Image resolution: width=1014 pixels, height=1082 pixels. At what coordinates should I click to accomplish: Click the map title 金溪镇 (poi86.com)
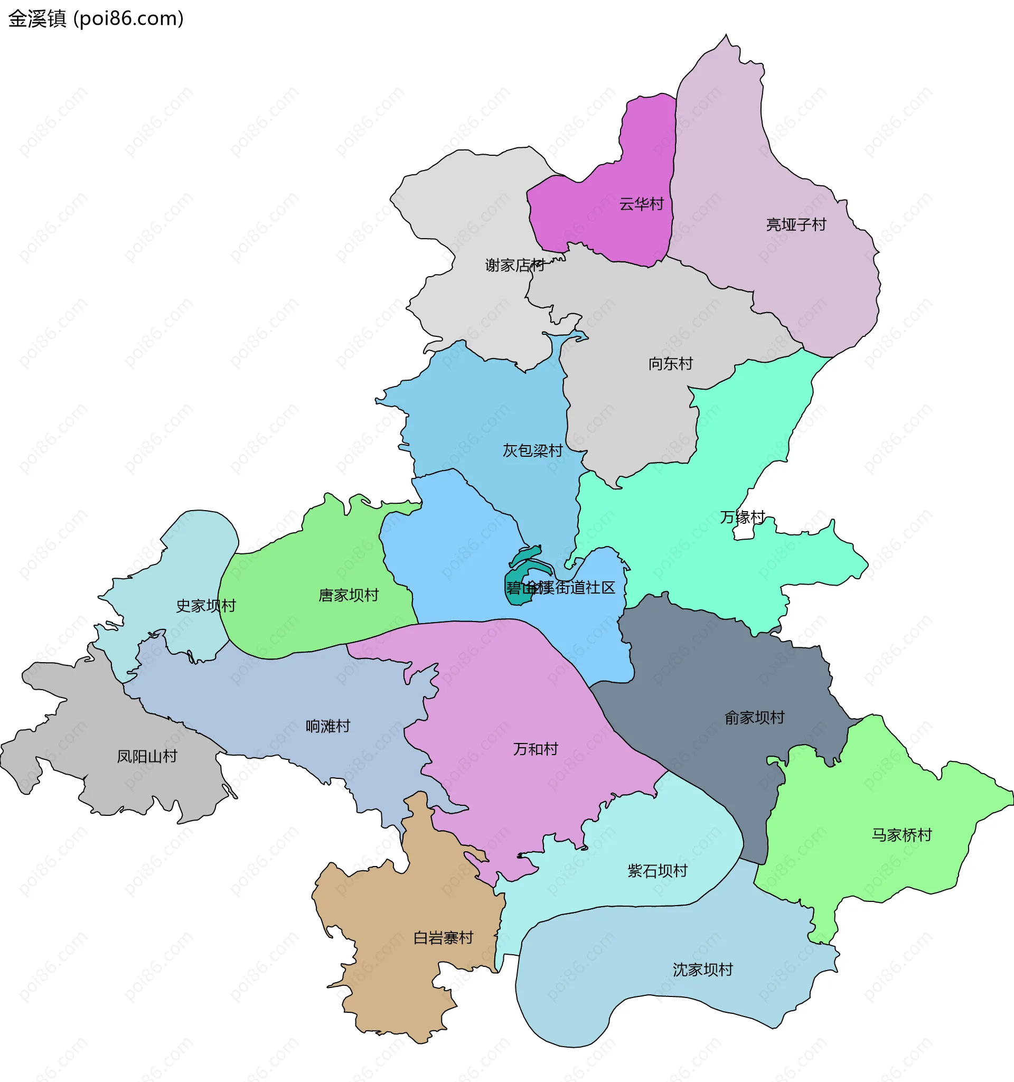(96, 18)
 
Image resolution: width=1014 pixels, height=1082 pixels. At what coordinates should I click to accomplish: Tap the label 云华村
(641, 204)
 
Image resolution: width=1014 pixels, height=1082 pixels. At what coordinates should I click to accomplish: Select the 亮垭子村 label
(796, 224)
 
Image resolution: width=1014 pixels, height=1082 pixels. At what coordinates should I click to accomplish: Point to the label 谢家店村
(514, 265)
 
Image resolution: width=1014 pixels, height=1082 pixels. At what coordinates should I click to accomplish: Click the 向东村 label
(670, 363)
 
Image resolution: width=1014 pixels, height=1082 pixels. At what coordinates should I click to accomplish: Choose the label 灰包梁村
(532, 450)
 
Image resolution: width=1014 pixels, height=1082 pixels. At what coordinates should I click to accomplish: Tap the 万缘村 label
(743, 516)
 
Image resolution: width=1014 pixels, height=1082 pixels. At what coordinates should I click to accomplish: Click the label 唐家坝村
(349, 595)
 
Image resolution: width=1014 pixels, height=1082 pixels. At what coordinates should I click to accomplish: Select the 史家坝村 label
(206, 606)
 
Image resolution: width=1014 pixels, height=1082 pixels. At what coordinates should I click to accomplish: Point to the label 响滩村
(327, 726)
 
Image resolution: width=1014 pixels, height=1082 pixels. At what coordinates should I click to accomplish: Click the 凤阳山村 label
(147, 757)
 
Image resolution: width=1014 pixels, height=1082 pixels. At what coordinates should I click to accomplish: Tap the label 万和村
(536, 749)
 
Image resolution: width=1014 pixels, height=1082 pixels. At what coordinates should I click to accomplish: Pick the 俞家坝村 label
(754, 717)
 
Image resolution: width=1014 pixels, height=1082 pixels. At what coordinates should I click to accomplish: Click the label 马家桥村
(902, 835)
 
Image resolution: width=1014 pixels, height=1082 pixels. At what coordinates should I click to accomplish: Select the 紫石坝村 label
(658, 871)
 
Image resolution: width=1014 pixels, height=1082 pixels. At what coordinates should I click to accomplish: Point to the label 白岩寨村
(443, 938)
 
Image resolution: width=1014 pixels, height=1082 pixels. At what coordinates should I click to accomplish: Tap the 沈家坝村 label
(702, 970)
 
